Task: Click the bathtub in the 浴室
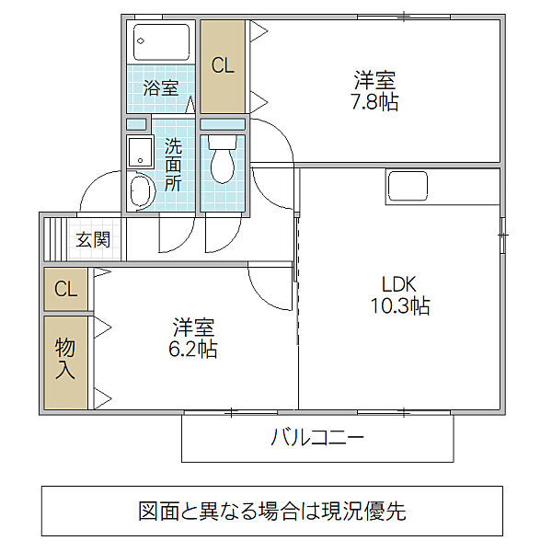coord(161,41)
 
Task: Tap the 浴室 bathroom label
coord(161,88)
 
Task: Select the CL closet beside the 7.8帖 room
coord(223,66)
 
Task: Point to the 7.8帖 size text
coord(375,102)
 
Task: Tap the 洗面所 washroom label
coord(174,164)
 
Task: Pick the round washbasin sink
coord(141,191)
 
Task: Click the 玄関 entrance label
coord(93,240)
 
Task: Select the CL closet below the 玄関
coord(65,289)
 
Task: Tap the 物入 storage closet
coord(65,360)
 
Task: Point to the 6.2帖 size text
coord(193,350)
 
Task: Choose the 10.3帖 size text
coord(399,307)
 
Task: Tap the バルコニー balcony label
coord(317,437)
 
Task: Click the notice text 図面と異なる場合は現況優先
coord(272,511)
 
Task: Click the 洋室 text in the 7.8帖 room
coord(375,79)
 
